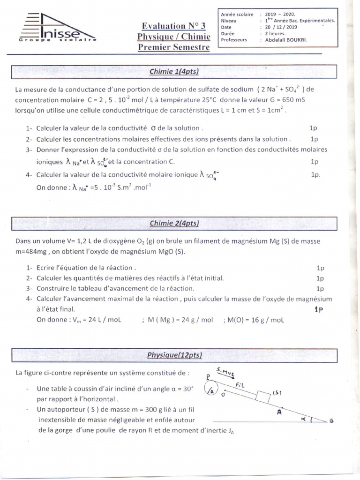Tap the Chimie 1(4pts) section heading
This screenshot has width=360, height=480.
174,72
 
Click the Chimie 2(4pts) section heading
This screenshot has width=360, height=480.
174,224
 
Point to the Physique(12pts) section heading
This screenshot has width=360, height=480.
174,356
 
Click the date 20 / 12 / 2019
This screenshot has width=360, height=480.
282,28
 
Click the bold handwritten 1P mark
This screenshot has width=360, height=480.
319,309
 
